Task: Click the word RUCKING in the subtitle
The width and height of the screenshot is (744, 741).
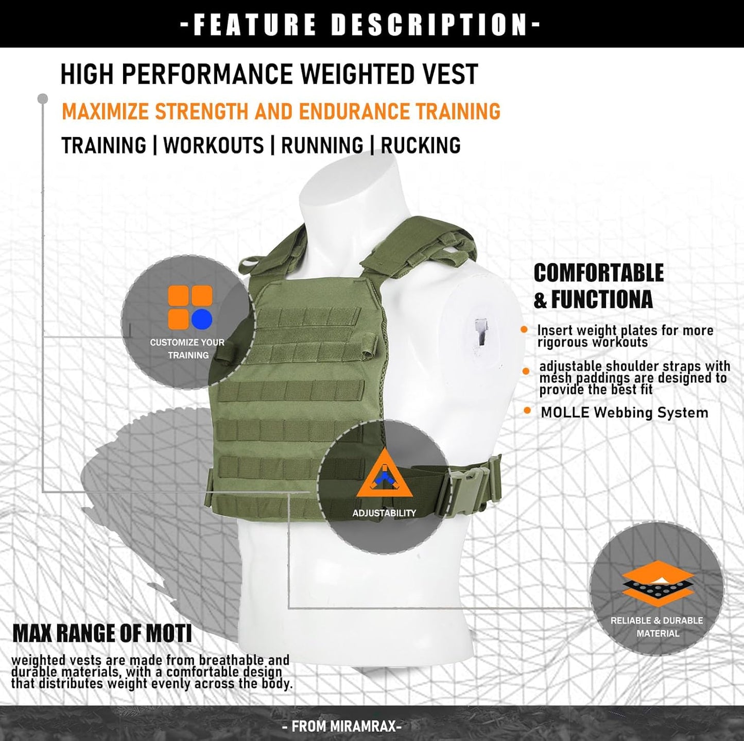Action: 421,146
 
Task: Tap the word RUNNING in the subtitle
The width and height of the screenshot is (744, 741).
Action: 322,146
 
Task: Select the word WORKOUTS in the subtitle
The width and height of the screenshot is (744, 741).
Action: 214,146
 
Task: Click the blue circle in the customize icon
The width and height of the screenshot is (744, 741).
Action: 202,319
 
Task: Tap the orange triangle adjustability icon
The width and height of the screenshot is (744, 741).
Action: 384,475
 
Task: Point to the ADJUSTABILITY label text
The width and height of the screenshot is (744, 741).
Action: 384,513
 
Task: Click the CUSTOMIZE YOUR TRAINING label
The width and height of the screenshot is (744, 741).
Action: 187,349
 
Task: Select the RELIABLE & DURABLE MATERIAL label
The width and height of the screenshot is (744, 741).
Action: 657,627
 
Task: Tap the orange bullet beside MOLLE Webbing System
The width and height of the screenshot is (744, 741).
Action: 527,411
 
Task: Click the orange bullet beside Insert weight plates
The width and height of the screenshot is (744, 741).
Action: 524,330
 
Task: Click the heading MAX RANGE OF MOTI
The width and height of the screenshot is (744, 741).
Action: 102,633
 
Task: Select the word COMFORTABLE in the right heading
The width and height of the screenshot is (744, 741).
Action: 598,273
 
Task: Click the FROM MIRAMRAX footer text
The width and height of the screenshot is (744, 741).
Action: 342,727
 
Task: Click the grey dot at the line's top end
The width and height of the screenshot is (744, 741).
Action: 43,98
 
